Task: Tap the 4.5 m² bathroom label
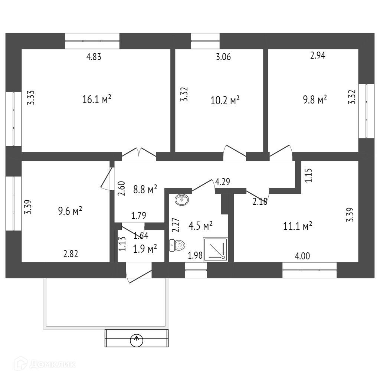pos(200,225)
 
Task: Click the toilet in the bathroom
pos(178,245)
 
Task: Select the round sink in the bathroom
pos(182,200)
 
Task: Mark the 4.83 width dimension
pos(94,57)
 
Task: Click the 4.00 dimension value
pos(303,256)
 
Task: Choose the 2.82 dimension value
pos(71,254)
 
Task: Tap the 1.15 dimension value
pos(309,176)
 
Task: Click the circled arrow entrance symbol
pos(137,339)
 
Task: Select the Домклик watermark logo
pos(44,364)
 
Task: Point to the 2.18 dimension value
pos(260,202)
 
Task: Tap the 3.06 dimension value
pos(223,57)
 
